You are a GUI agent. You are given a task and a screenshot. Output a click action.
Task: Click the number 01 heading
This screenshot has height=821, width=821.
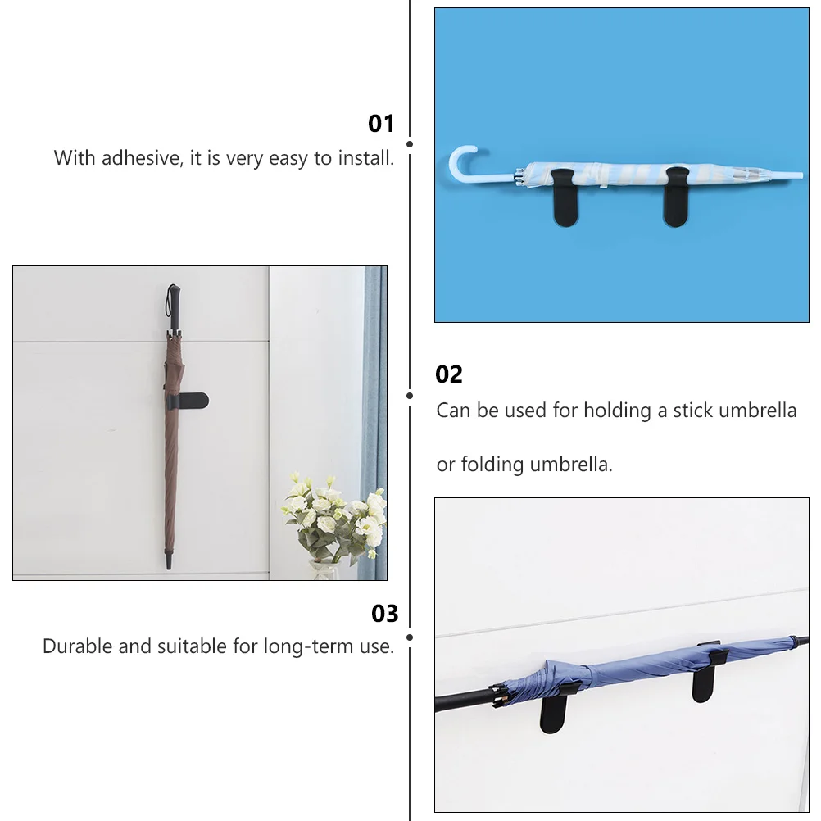click(x=381, y=124)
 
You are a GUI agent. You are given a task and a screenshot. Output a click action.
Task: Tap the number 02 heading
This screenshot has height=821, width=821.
click(x=449, y=374)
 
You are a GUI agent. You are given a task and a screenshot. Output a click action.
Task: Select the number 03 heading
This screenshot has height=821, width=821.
click(x=384, y=614)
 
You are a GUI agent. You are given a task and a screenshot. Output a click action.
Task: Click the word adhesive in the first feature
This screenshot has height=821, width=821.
click(x=140, y=158)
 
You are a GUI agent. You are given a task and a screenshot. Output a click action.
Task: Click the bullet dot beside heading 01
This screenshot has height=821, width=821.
click(x=410, y=143)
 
